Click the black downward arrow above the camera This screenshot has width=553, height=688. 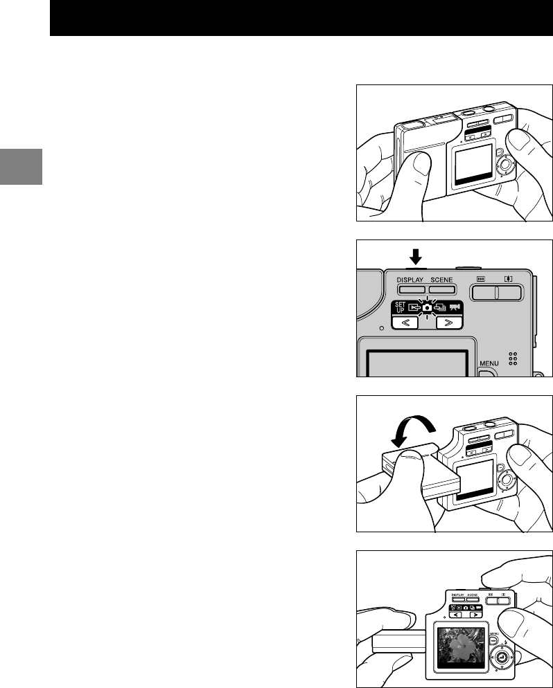[x=415, y=257]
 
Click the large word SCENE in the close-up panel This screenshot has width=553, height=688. [x=441, y=280]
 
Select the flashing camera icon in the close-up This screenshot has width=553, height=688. [x=428, y=306]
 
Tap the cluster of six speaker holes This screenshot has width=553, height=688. [x=513, y=358]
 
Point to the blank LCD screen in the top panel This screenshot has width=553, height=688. [x=474, y=167]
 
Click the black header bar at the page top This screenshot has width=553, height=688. [x=301, y=18]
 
